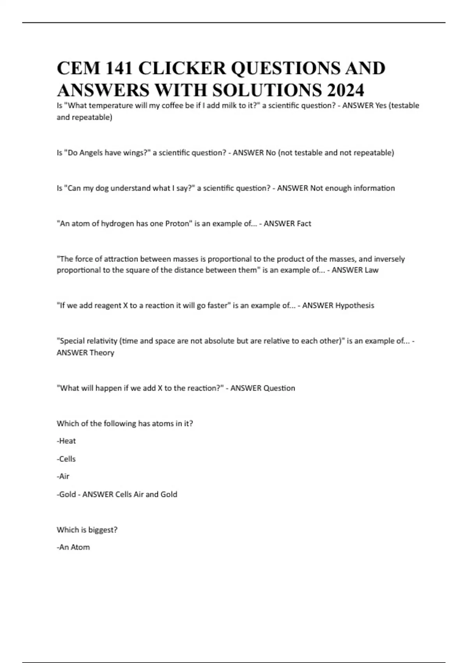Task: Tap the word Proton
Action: click(x=177, y=223)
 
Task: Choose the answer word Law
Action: click(x=371, y=270)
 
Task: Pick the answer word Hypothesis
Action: click(x=355, y=305)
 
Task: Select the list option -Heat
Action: click(x=66, y=441)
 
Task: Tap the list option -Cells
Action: click(x=66, y=459)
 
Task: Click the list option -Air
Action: click(x=63, y=476)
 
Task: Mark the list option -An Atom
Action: click(x=73, y=547)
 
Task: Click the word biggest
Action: click(x=103, y=530)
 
